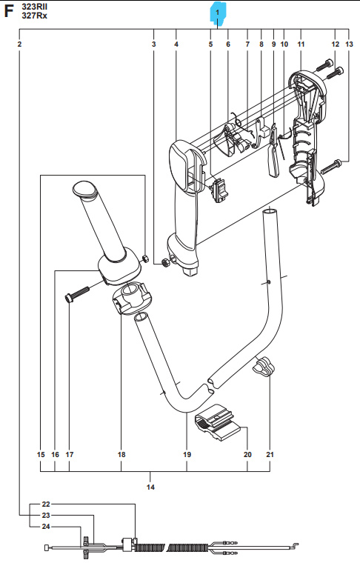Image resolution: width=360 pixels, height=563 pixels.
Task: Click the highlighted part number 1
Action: tap(217, 13)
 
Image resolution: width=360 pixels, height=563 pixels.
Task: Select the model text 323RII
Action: tap(37, 5)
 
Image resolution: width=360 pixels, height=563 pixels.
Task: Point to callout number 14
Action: tap(151, 487)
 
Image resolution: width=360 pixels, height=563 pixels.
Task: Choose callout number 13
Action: tap(350, 45)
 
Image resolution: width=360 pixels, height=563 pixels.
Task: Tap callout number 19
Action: tap(187, 454)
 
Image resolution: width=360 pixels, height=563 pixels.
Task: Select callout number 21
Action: tap(270, 454)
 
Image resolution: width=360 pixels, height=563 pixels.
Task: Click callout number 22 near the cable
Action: tap(46, 504)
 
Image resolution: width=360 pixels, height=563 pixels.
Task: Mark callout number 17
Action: tap(70, 454)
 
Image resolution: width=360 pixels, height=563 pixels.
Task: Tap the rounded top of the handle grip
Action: tap(83, 189)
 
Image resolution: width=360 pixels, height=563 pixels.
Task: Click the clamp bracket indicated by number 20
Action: tap(219, 423)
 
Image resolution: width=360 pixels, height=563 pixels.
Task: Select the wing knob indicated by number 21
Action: tap(265, 364)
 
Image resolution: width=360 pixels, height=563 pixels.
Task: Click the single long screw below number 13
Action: tap(331, 164)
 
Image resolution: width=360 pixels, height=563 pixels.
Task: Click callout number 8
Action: tap(261, 45)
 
